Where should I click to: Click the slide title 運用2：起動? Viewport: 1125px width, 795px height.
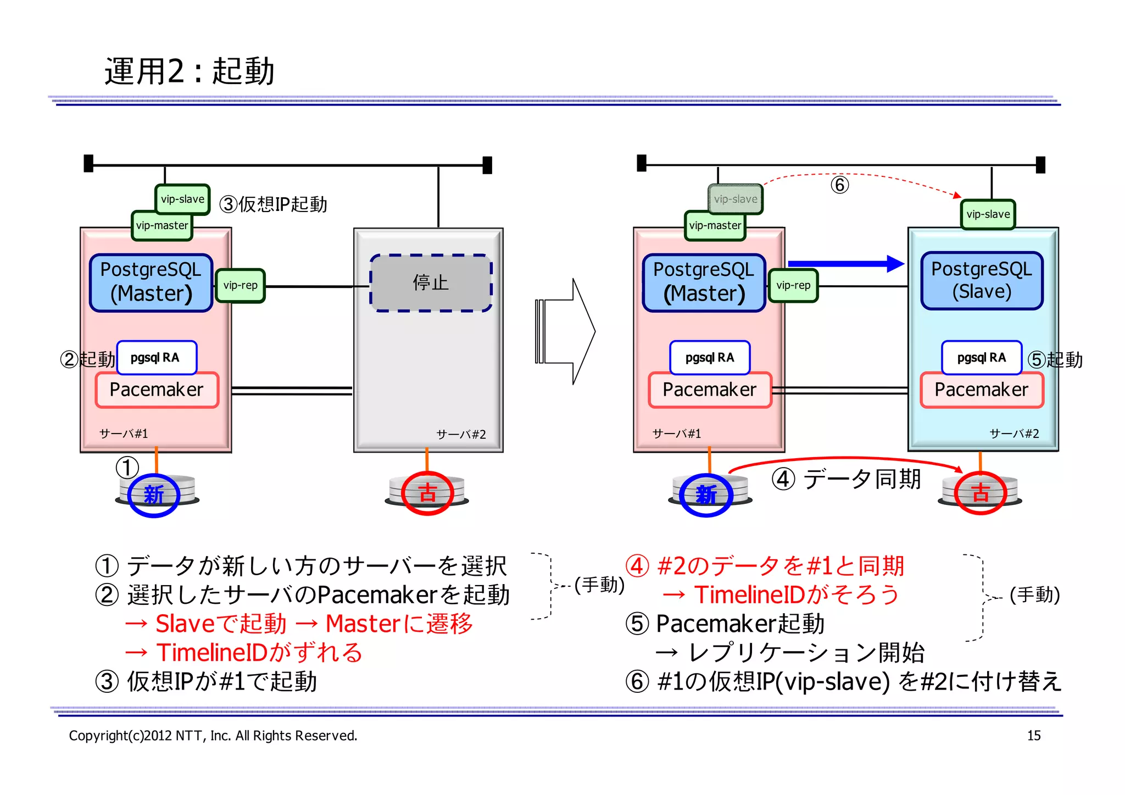(x=190, y=71)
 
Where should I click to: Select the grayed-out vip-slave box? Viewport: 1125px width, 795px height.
(x=735, y=199)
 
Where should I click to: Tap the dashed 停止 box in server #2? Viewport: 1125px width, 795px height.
(x=431, y=283)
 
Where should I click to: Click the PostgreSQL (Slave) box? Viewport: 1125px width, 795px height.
(x=982, y=280)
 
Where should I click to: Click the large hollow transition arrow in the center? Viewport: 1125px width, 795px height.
(x=566, y=331)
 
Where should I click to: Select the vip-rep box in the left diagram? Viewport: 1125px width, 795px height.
(x=240, y=285)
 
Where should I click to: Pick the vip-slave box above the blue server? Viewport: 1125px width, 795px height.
(x=988, y=214)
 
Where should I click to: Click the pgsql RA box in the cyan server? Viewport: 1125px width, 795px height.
(x=981, y=358)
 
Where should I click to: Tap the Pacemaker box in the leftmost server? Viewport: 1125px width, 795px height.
(x=157, y=390)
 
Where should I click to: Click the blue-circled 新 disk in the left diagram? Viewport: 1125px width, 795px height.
(x=154, y=494)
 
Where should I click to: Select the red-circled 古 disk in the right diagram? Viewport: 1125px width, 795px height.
(x=981, y=493)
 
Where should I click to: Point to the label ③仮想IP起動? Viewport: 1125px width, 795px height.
(x=273, y=204)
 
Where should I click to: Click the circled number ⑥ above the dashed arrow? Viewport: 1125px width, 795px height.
(x=839, y=185)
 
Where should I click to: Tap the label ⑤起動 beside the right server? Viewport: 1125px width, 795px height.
(x=1055, y=360)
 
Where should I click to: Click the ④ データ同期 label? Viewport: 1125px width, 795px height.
(x=846, y=479)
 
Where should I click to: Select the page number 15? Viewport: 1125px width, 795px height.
(x=1033, y=736)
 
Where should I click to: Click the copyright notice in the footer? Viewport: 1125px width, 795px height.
(x=213, y=736)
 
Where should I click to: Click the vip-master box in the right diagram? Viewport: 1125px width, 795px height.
(x=715, y=225)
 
